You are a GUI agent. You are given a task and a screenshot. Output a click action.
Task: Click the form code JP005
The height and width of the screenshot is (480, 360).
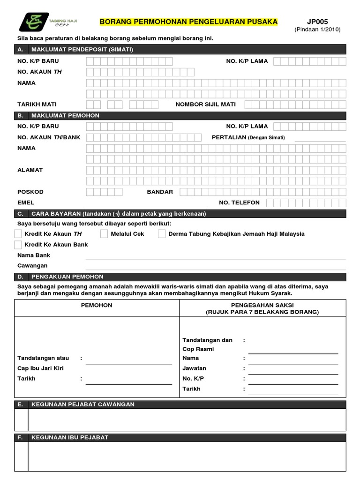point(317,22)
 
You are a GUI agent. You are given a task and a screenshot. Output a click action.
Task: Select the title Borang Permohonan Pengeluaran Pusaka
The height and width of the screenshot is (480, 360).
point(189,22)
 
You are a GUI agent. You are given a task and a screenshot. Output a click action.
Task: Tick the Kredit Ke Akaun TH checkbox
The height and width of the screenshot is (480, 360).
point(18,234)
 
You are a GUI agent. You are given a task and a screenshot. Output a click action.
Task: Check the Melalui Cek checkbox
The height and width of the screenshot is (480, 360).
point(104,234)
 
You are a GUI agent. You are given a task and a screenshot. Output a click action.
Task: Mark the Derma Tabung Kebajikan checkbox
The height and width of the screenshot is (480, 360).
point(162,234)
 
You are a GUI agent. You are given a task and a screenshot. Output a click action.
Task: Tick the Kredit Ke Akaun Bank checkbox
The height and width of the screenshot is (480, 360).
point(18,245)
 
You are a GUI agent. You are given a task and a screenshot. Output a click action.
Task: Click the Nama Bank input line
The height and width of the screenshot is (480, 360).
point(216,256)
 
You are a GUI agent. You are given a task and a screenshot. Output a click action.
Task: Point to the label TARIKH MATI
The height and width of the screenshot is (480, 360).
point(37,105)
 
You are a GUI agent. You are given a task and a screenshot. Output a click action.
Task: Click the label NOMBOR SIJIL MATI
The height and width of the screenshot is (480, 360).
point(205,105)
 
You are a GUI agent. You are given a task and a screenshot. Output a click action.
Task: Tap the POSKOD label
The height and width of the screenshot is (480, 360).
point(30,192)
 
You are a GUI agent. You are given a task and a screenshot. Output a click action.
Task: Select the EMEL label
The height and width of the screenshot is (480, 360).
point(26,202)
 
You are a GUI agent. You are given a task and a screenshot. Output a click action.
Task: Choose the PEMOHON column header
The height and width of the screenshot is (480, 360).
point(97,306)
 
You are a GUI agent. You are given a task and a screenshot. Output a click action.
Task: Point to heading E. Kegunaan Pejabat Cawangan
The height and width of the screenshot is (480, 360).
point(82,405)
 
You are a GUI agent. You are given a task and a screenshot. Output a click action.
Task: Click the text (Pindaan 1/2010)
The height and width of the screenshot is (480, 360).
point(317,30)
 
